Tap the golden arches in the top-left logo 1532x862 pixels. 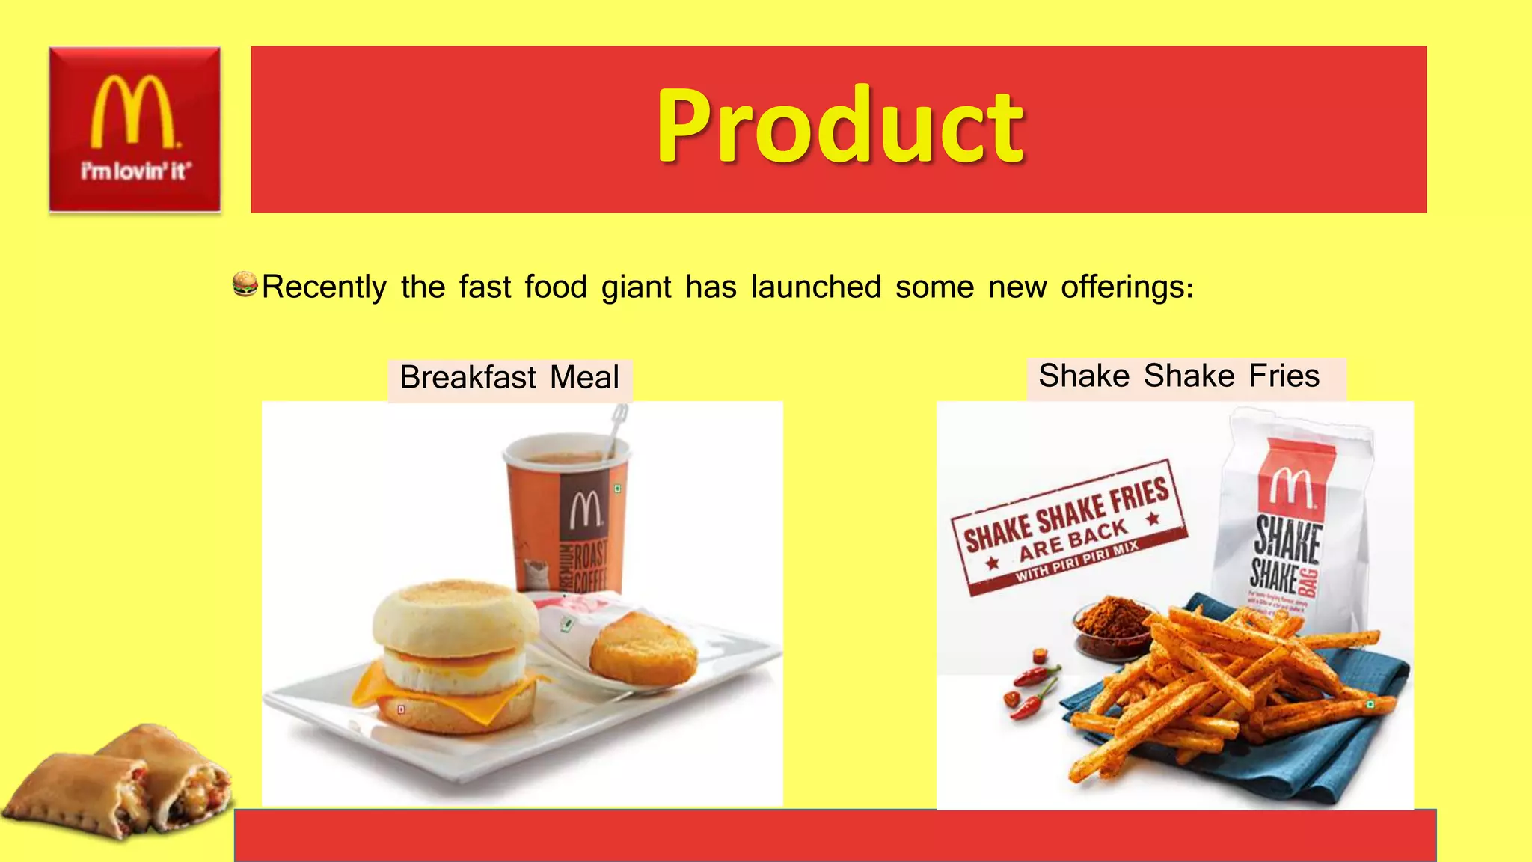coord(133,112)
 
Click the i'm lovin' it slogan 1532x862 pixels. coord(135,171)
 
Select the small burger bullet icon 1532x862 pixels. coord(245,284)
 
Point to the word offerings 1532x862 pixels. coord(1127,287)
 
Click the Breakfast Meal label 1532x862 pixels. coord(509,378)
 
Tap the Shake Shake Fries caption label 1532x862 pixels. coord(1179,376)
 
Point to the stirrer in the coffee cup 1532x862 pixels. coord(617,430)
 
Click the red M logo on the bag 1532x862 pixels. coord(1291,486)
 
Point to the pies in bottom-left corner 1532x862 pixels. coord(120,782)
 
